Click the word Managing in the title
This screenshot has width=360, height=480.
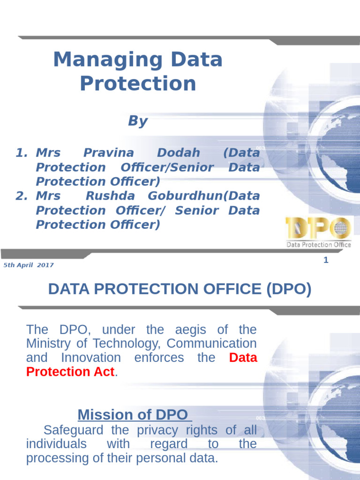pos(92,60)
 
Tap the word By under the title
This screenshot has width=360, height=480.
pos(137,121)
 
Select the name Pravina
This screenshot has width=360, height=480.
pos(108,153)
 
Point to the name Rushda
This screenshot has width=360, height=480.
pos(111,196)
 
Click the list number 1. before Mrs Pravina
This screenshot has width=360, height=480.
pos(22,153)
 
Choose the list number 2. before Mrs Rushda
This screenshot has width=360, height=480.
pos(22,196)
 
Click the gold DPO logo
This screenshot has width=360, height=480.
pos(318,229)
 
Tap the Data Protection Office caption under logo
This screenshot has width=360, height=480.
pos(319,244)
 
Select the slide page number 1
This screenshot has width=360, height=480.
pos(326,260)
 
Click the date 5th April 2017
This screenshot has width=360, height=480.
pos(29,265)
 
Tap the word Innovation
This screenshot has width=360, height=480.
pos(90,358)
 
